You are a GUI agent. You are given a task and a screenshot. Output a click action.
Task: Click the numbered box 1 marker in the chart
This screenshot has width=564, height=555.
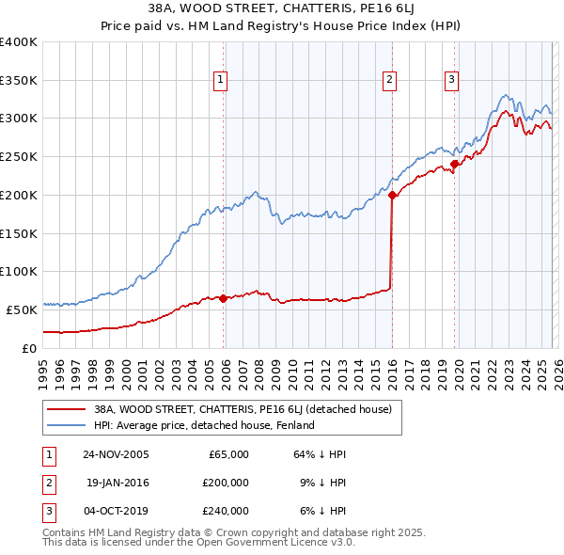[221, 81]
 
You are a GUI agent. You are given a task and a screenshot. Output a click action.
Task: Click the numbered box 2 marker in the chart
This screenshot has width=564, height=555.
[389, 81]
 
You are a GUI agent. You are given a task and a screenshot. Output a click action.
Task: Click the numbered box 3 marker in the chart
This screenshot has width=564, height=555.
[451, 81]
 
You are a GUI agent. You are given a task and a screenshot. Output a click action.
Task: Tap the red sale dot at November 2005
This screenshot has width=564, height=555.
[223, 298]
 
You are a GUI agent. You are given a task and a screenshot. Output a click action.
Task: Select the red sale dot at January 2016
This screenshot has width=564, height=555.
[391, 195]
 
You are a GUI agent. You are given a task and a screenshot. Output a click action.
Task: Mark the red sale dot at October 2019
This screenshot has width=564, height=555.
[454, 164]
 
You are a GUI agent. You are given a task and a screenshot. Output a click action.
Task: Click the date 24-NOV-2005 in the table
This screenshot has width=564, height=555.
[116, 454]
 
